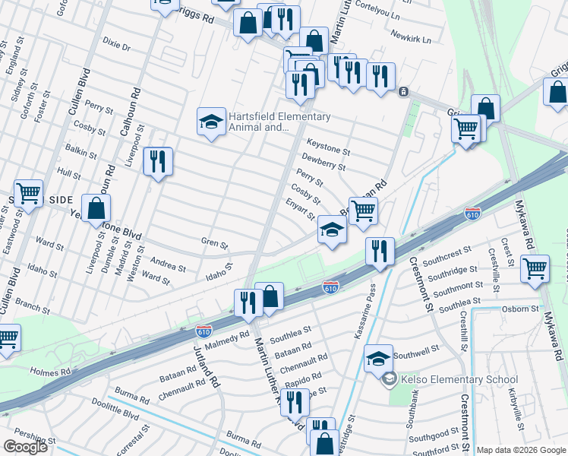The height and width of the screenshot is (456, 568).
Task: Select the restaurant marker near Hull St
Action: pos(158,163)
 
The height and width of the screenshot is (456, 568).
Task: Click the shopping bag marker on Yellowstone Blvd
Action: pos(96,209)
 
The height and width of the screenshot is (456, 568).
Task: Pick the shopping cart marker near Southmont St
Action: pos(535,268)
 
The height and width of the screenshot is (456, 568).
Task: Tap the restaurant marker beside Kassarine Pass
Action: pos(379,252)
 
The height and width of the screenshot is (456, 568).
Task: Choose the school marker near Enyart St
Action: pos(332,230)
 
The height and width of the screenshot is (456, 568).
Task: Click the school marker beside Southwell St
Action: pos(378,359)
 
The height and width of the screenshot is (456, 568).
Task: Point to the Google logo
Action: pos(25,447)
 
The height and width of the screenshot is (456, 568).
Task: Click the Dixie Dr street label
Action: pos(116,46)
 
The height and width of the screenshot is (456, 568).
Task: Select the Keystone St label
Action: pos(327,142)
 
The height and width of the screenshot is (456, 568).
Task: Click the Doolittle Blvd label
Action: pos(121,415)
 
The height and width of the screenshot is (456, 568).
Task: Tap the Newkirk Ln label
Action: pos(411,37)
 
